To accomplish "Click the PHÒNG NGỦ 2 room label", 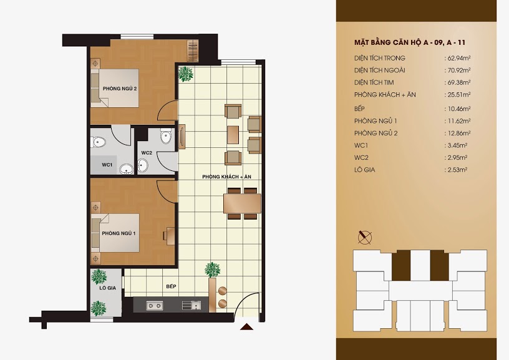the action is (120, 89).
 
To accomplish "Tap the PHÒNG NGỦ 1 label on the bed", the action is (119, 233).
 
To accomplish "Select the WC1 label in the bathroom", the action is (107, 165).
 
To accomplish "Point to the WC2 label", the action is (147, 153).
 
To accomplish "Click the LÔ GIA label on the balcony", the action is (108, 288).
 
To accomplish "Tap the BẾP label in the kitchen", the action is (171, 286).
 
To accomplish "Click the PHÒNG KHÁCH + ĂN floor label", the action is (226, 177).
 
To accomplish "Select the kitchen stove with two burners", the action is (155, 305).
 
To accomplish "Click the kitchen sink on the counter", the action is (191, 305).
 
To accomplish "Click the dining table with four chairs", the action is (242, 203).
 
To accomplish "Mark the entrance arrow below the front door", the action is (246, 327).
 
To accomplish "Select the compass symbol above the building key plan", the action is (365, 237).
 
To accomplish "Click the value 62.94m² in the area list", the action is (458, 58).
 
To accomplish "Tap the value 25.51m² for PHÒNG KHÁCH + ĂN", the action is (458, 95).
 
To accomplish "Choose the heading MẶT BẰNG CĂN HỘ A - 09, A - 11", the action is (410, 42).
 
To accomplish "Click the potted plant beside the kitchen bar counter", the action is (213, 270).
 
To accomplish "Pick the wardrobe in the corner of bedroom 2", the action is (193, 51).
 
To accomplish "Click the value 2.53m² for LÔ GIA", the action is (457, 170).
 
